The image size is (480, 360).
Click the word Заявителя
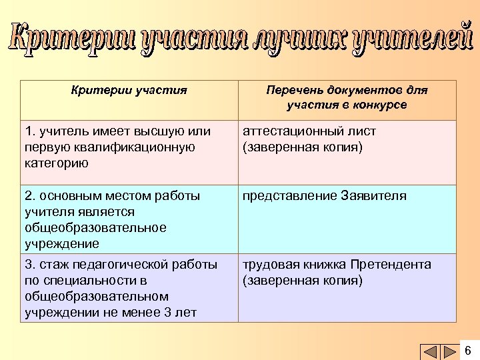(373, 196)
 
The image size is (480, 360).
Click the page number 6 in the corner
(467, 351)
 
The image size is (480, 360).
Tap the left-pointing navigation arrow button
(431, 351)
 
